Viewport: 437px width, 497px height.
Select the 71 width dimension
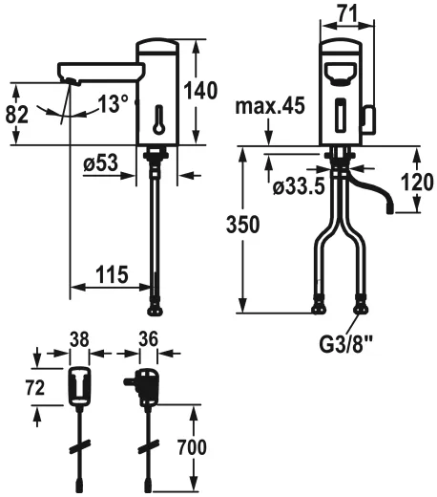tap(345, 14)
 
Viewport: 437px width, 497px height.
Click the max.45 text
tap(272, 106)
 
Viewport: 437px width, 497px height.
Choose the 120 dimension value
tap(414, 182)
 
